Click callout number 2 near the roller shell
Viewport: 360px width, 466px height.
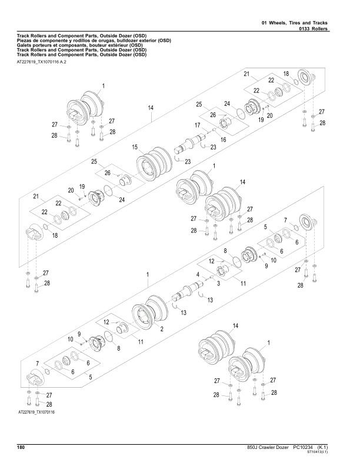point(162,329)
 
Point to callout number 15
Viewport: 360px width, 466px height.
point(135,147)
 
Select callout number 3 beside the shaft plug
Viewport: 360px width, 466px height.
point(218,284)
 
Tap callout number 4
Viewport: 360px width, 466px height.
point(198,275)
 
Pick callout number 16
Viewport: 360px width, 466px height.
point(223,139)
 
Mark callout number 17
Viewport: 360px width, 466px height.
point(198,125)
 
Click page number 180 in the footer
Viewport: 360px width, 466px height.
point(21,448)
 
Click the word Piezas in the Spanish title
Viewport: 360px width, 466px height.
point(24,41)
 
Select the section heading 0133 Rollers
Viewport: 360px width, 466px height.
point(313,28)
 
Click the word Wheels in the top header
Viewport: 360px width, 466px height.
point(278,23)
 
